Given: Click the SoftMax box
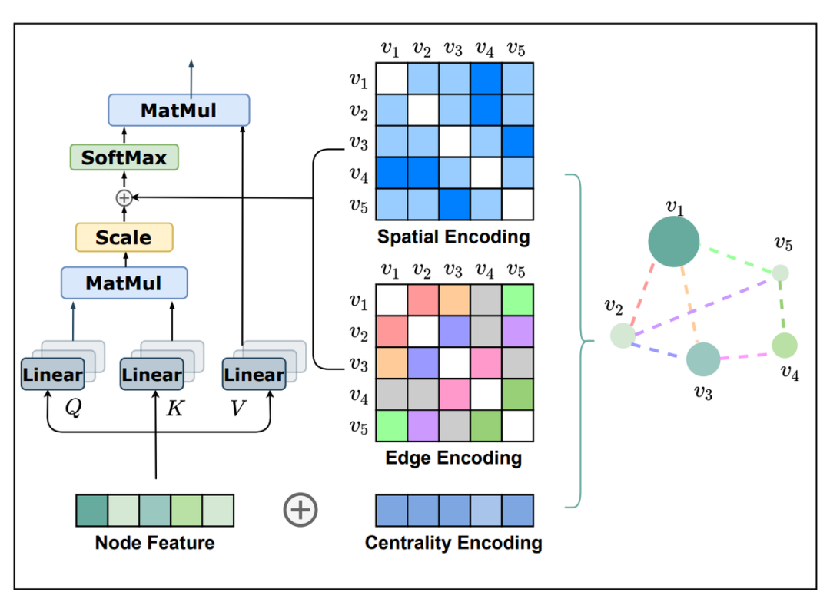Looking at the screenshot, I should click(x=124, y=157).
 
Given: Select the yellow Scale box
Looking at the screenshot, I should click(x=124, y=237).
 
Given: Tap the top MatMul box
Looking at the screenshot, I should click(x=178, y=110).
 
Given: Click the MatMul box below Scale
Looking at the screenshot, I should click(x=124, y=283).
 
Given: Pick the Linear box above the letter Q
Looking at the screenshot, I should click(x=52, y=375).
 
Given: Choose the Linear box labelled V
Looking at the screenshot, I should click(x=254, y=375).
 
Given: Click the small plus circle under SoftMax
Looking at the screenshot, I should click(x=123, y=197).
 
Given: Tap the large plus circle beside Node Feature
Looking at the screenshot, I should click(x=300, y=509).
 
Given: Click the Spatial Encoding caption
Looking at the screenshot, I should click(x=453, y=237).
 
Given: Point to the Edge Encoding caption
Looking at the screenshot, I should click(x=453, y=458).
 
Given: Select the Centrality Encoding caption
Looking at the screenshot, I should click(x=453, y=544).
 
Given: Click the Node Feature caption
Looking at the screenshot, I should click(x=154, y=544).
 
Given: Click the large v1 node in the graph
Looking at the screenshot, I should click(x=673, y=242).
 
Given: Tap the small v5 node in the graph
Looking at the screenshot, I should click(x=780, y=273).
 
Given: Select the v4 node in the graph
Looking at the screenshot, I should click(x=784, y=346).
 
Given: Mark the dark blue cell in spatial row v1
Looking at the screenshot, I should click(x=486, y=78).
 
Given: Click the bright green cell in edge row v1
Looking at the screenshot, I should click(x=517, y=299).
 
